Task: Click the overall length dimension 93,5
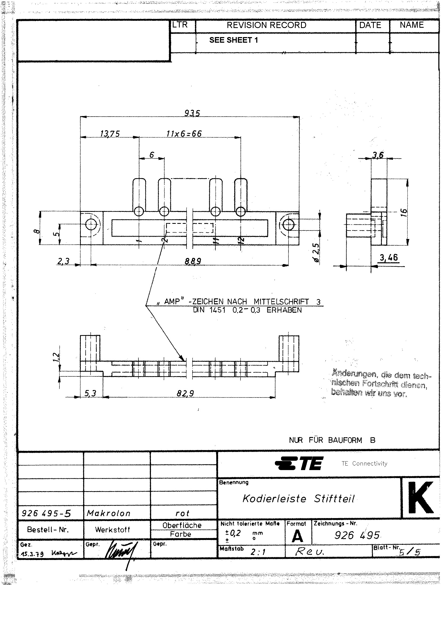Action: pos(192,113)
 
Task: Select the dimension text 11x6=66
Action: pos(184,134)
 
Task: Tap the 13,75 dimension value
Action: pos(110,134)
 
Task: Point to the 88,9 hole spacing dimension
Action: pos(193,261)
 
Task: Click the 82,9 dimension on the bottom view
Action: pos(185,394)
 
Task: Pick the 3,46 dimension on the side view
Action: pos(388,257)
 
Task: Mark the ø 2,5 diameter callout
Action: pos(316,252)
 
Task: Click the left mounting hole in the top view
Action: pos(91,224)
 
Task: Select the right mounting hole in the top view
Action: pos(288,225)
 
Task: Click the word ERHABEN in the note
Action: pos(284,310)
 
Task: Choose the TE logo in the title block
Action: pos(299,463)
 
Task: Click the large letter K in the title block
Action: pos(420,498)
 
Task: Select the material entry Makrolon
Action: pos(109,513)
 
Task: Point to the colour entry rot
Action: pos(182,513)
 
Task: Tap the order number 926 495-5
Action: pos(46,513)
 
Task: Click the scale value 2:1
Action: pos(258,552)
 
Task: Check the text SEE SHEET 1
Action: pos(233,40)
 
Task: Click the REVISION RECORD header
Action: pos(266,25)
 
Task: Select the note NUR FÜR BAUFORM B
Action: pos(332,440)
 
